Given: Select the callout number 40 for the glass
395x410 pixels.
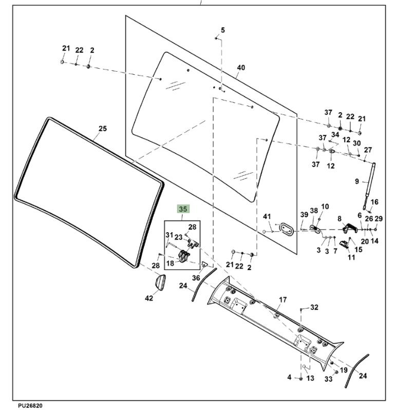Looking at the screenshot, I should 241,68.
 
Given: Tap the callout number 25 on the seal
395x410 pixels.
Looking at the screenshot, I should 102,128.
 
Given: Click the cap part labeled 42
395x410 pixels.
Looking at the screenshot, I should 159,282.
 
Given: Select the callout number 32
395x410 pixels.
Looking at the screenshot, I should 314,307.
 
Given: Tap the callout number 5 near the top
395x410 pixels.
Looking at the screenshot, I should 223,30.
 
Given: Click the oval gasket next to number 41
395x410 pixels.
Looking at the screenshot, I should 286,229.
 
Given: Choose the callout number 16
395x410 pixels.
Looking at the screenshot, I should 374,202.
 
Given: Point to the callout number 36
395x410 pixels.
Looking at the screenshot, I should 195,278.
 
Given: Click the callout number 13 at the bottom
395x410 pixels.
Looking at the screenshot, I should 310,378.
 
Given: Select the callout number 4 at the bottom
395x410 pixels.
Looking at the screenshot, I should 289,378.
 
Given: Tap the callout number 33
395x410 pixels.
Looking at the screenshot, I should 328,380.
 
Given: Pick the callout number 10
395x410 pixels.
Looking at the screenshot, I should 325,207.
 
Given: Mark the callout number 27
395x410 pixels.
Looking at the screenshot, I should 368,150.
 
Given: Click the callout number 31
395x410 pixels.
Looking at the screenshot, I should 169,235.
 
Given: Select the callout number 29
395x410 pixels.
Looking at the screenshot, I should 379,219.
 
